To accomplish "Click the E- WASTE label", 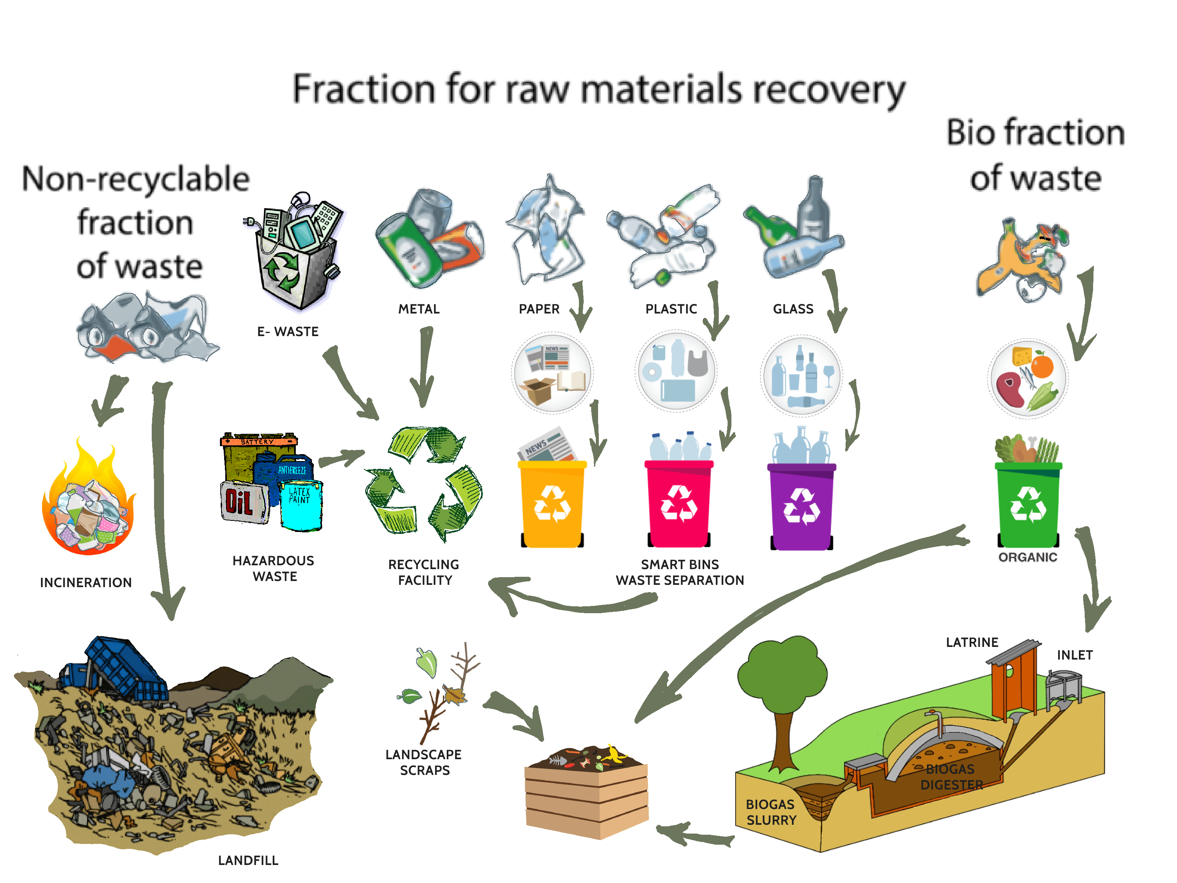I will [x=288, y=332].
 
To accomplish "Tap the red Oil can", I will [x=243, y=502].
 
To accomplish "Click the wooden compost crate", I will [x=586, y=796].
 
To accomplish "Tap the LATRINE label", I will [x=972, y=642].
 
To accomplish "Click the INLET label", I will [x=1074, y=655].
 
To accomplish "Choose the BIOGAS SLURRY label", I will [x=770, y=812].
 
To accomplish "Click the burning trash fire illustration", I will [x=89, y=503].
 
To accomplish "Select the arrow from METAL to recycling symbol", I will [x=425, y=367].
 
